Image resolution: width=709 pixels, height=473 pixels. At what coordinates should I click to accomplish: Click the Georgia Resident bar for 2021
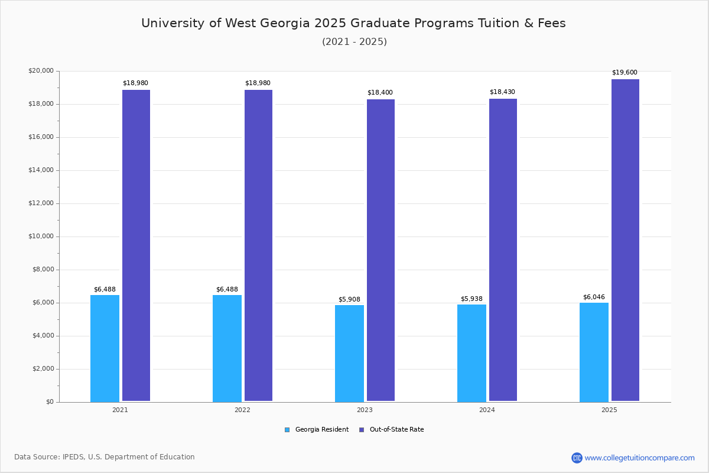click(x=105, y=348)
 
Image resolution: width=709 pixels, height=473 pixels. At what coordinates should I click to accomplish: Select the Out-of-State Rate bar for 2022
click(x=258, y=245)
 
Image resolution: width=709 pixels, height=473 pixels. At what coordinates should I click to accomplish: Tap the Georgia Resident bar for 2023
click(x=349, y=353)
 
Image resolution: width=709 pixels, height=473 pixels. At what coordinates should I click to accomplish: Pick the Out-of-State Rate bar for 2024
click(x=503, y=250)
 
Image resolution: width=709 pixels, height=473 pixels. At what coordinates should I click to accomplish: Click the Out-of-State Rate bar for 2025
click(x=625, y=241)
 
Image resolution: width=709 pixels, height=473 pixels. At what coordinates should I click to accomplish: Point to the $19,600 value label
click(x=625, y=73)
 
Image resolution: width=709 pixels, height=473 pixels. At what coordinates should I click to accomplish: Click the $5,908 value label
click(x=349, y=299)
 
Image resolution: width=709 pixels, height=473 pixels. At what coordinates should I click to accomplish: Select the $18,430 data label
click(x=502, y=92)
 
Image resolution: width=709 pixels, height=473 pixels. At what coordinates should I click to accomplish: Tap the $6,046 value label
click(x=594, y=297)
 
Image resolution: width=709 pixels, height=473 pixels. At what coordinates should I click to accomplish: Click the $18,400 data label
click(x=380, y=93)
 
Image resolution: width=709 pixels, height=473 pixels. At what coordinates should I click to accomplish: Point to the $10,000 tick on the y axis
click(x=41, y=237)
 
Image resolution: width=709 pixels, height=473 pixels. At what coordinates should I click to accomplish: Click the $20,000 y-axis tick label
click(x=41, y=71)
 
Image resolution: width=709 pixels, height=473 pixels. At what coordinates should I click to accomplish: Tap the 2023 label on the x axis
click(x=365, y=410)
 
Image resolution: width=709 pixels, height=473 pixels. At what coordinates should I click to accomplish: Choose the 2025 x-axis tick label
click(x=609, y=410)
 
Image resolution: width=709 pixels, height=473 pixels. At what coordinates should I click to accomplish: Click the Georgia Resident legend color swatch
click(x=287, y=430)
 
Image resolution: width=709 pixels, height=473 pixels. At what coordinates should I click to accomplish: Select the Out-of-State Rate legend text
click(x=396, y=430)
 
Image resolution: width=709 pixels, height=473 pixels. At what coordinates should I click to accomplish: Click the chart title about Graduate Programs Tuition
click(x=353, y=23)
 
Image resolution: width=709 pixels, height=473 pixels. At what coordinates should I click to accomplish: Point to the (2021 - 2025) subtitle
click(x=354, y=42)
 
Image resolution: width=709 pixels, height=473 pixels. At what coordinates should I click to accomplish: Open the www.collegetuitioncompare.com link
click(x=639, y=458)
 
